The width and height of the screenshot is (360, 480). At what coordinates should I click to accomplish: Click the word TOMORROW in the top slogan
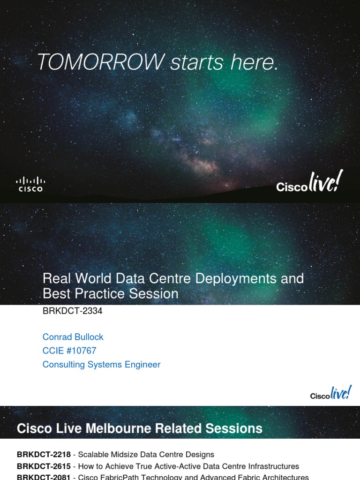(x=100, y=62)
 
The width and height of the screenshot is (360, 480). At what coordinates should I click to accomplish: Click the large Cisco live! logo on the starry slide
(x=309, y=182)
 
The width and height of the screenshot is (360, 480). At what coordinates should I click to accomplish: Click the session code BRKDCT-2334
(x=72, y=311)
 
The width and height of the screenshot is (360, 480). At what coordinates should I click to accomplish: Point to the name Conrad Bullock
(x=73, y=337)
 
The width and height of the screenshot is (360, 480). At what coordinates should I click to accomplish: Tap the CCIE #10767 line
(x=69, y=351)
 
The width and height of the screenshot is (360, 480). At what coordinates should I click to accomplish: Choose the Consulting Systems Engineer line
(x=101, y=364)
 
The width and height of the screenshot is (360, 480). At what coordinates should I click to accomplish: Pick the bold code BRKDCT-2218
(x=44, y=454)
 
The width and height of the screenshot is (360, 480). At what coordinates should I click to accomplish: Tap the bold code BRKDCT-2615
(x=44, y=466)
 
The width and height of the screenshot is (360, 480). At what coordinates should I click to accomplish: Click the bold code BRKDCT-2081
(x=44, y=477)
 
